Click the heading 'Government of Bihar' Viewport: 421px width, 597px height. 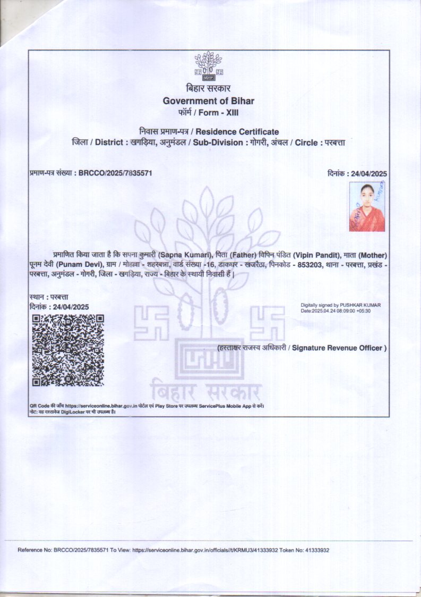click(208, 101)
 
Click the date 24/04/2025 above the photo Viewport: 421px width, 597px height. click(367, 173)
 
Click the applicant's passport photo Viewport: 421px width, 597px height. click(366, 207)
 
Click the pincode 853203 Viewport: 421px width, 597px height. click(307, 265)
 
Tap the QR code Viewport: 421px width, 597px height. click(67, 350)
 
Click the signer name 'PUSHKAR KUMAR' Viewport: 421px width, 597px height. click(360, 305)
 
